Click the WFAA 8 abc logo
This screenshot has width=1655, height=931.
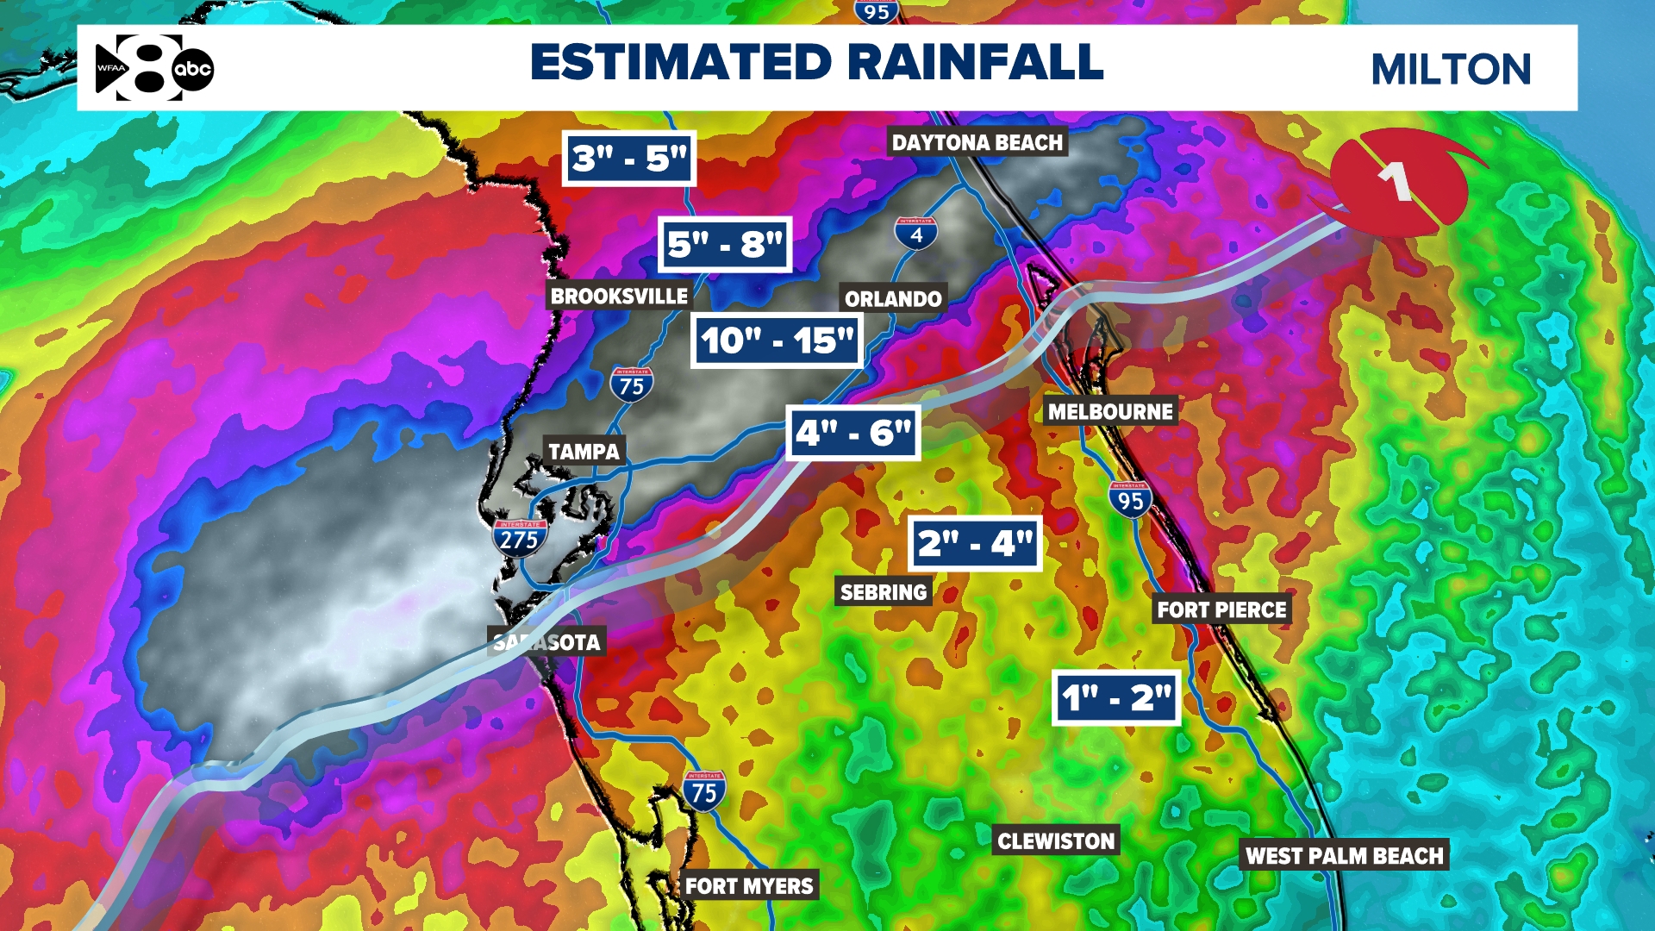point(154,67)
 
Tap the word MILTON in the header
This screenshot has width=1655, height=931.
point(1451,70)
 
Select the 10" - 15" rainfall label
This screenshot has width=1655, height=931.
point(777,341)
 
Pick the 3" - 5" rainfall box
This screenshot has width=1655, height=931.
point(628,158)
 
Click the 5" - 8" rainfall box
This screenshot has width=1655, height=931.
point(724,245)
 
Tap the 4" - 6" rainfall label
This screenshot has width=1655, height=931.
point(852,433)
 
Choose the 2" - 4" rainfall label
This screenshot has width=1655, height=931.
point(975,544)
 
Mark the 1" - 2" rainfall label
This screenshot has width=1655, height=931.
point(1116,697)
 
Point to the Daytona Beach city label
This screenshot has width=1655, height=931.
point(977,142)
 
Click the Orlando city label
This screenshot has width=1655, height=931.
point(893,299)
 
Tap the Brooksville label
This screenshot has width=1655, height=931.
point(619,297)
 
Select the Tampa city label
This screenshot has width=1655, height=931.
point(584,452)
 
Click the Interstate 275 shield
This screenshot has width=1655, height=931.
point(519,538)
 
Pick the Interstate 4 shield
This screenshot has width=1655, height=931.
point(915,234)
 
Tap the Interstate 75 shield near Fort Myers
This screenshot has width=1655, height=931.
point(703,791)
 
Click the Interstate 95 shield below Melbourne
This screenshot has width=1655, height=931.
point(1129,499)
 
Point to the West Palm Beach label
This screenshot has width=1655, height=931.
point(1344,856)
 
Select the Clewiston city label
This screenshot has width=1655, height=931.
point(1056,841)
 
